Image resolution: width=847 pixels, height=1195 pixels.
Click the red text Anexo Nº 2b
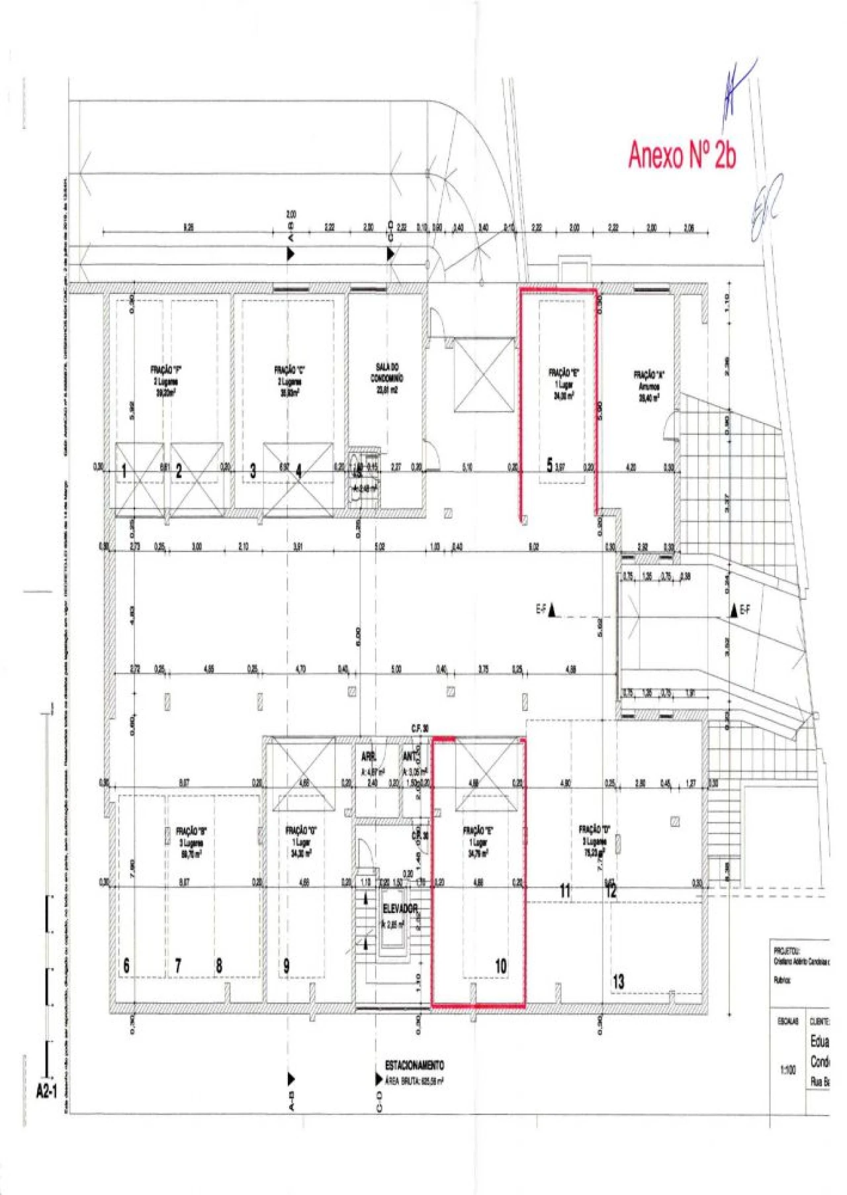coord(682,155)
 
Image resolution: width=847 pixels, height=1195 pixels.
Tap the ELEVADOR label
coord(400,908)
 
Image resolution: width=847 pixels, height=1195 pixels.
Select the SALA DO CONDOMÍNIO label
coord(387,378)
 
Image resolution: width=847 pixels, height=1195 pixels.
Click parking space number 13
coord(618,982)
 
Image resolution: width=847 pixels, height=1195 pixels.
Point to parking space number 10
coord(501,966)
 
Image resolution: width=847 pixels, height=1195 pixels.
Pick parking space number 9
coord(287,966)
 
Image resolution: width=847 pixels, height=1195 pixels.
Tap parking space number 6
coord(126,966)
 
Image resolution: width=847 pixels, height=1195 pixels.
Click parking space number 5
coord(549,465)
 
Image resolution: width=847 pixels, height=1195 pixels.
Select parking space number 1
coord(124,472)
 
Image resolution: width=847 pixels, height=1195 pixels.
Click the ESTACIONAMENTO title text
coord(414,1065)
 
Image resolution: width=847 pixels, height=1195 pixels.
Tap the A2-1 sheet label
coord(46,1090)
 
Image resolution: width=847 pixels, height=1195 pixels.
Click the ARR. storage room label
coord(369,757)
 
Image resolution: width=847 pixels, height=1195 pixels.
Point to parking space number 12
coord(611,891)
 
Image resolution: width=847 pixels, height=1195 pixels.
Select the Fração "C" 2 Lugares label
coord(290,381)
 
